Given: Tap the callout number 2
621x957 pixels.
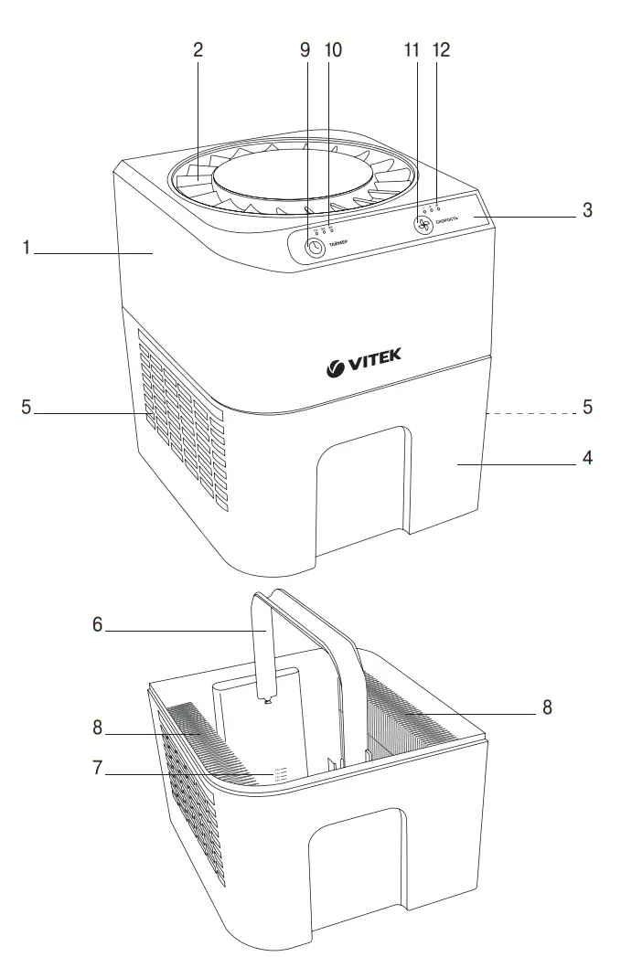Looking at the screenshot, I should (197, 50).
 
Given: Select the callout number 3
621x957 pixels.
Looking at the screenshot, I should (586, 210).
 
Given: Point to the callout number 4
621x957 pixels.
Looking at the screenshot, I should (586, 458).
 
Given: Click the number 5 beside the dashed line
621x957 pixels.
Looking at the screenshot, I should (586, 408).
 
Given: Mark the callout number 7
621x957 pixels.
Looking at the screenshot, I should (96, 768).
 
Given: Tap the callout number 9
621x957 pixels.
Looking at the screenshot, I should (305, 50).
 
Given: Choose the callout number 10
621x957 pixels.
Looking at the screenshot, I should (332, 50).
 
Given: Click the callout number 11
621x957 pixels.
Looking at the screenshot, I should (412, 50).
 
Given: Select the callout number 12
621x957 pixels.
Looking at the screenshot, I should (442, 50).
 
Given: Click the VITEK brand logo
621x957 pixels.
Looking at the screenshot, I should (363, 366).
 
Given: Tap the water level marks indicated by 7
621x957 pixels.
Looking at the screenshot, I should (278, 774).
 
